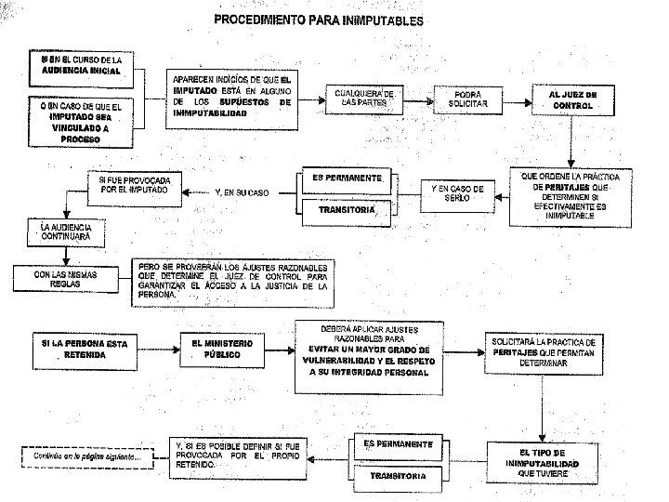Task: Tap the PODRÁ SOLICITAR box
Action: coord(466,99)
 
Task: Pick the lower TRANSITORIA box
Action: coord(399,475)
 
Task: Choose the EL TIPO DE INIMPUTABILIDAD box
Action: coord(543,462)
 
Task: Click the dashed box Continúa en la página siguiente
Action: coord(84,456)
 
